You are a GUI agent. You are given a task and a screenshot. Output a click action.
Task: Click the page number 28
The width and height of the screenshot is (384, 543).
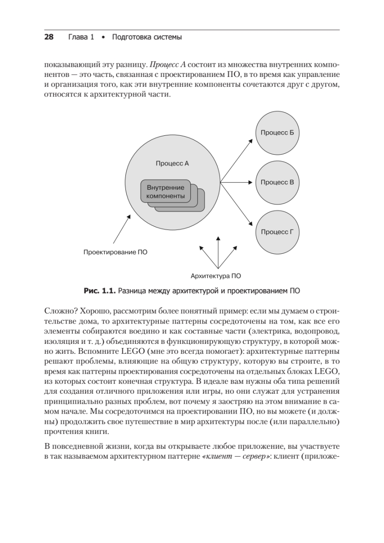tap(49, 37)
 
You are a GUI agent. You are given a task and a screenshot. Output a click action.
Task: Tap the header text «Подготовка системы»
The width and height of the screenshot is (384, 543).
tap(147, 37)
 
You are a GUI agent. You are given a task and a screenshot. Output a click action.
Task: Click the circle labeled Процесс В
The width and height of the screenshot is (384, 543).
tap(278, 182)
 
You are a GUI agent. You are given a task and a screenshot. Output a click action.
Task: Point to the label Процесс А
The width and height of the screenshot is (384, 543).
tap(172, 163)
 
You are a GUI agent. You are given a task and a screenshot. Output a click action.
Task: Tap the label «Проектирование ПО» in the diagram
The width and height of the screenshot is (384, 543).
tap(115, 252)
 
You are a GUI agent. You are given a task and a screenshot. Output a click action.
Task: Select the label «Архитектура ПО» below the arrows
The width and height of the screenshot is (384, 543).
tap(216, 275)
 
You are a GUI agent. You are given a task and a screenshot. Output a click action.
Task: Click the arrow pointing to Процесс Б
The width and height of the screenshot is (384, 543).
tap(237, 161)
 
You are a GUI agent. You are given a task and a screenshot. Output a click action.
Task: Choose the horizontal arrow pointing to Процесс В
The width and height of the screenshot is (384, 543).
tap(235, 182)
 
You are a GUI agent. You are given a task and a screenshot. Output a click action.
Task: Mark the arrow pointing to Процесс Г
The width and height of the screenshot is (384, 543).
tap(237, 204)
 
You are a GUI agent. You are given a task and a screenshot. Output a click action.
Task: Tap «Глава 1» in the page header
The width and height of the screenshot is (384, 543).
tap(81, 37)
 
